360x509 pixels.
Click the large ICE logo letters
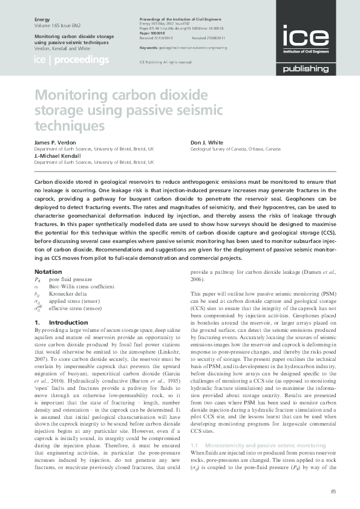click(306, 37)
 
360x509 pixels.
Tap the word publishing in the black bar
click(306, 69)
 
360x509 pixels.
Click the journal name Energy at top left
click(42, 20)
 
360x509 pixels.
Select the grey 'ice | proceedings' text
click(71, 60)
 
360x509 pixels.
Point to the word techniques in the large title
click(70, 126)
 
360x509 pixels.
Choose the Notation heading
click(48, 271)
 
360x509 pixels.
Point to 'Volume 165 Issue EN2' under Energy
click(59, 27)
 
